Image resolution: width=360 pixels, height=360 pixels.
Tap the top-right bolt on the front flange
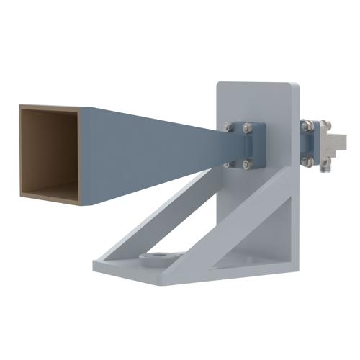248,129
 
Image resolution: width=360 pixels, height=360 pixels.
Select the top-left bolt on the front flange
228,127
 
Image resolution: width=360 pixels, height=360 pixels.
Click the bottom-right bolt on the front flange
248,165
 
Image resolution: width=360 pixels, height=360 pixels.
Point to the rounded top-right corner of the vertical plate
294,89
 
